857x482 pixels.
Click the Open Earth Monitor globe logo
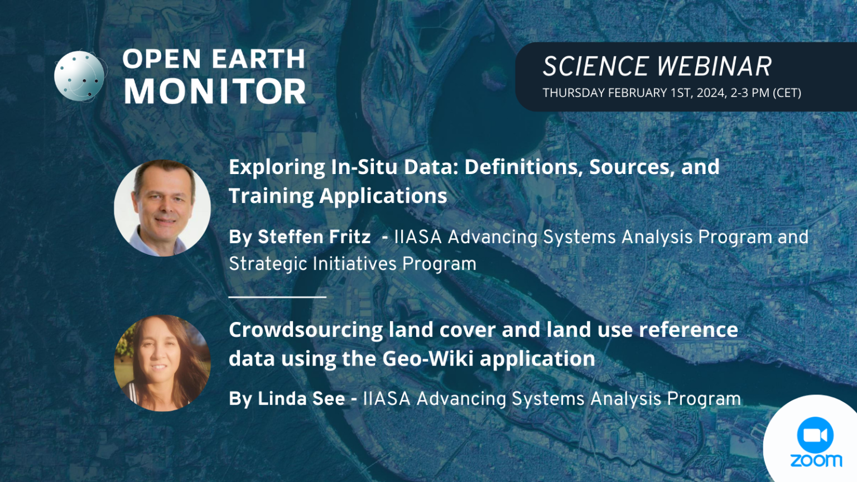(x=79, y=76)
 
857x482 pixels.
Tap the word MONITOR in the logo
(x=215, y=91)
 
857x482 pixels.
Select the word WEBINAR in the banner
(x=720, y=67)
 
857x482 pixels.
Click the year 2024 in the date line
(x=711, y=93)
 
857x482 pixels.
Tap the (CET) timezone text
(x=787, y=93)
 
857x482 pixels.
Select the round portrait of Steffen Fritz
(x=162, y=208)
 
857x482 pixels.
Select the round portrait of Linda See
(x=162, y=363)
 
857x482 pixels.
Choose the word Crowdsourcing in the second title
(x=306, y=330)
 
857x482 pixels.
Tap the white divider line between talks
(x=277, y=297)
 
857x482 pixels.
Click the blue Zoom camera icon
(x=815, y=435)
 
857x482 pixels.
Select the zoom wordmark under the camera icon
(x=816, y=460)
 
